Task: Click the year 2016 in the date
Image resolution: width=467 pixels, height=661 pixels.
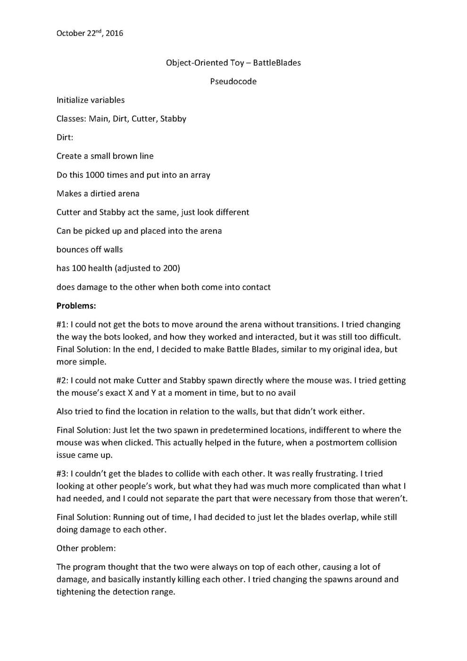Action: [x=115, y=34]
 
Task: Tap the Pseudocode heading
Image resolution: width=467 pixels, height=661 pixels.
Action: [x=233, y=82]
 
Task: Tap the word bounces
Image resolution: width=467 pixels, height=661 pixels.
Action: [x=72, y=250]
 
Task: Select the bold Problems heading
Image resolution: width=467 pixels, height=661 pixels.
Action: [x=76, y=306]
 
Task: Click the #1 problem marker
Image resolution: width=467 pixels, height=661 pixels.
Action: [x=62, y=325]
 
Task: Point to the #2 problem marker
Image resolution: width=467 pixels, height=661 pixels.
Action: [x=62, y=381]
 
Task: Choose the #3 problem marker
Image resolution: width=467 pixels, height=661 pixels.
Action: [x=62, y=474]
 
